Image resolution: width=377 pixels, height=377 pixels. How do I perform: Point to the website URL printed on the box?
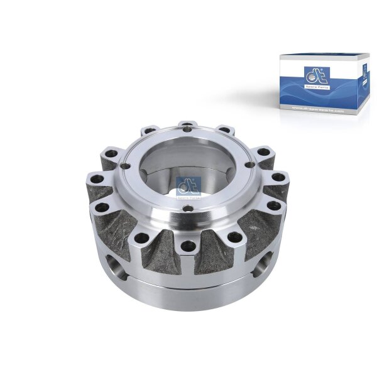pyautogui.click(x=319, y=110)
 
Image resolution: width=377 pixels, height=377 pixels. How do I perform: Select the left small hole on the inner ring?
pyautogui.click(x=126, y=167)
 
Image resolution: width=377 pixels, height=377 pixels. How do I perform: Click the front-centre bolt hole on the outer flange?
pyautogui.click(x=187, y=250)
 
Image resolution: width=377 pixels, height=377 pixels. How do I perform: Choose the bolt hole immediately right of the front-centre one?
pyautogui.click(x=234, y=238)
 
